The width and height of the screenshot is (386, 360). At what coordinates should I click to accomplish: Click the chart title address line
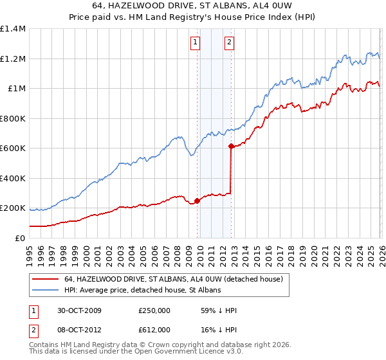point(193,6)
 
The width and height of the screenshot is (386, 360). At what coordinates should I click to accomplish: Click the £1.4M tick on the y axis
point(13,29)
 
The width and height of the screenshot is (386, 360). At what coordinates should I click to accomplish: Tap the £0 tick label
point(21,238)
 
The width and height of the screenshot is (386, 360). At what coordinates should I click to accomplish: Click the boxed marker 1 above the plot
point(195,43)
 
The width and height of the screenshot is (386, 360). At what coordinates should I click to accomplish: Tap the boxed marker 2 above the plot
point(229,43)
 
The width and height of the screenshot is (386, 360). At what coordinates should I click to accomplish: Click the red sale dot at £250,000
point(197,201)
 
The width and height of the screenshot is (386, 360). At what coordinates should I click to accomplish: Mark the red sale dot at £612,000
point(230,147)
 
